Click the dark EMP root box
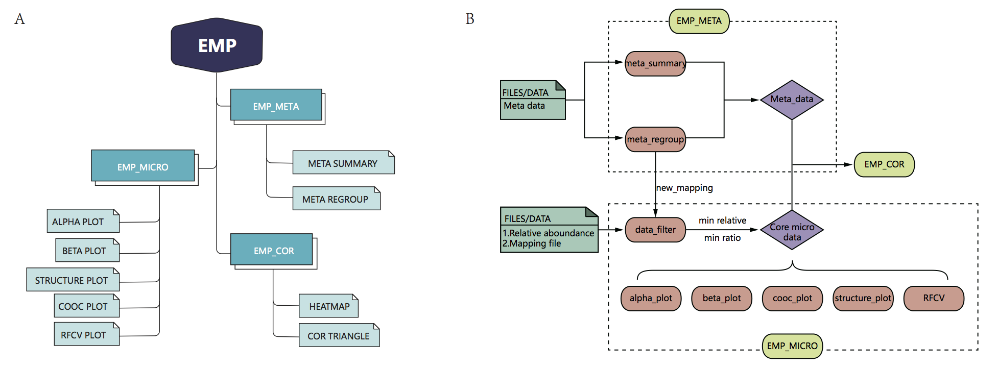point(217,45)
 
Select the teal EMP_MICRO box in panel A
point(143,166)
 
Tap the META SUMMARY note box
point(343,163)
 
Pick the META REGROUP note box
point(336,199)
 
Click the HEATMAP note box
point(328,306)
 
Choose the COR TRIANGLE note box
point(339,335)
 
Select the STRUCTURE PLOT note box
point(73,280)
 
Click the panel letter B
point(470,19)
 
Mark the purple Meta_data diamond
point(792,100)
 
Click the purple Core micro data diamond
point(792,230)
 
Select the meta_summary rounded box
point(655,64)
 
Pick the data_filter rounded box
point(655,230)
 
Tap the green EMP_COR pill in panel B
point(884,164)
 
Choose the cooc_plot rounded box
point(792,299)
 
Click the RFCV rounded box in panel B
point(934,299)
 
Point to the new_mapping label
point(684,188)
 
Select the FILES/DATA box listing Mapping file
point(549,230)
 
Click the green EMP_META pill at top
point(699,21)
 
